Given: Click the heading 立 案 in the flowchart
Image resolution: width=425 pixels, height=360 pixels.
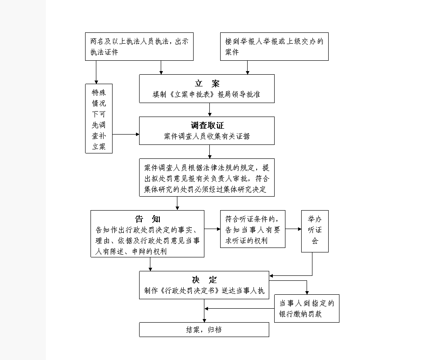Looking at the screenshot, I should point(207,84).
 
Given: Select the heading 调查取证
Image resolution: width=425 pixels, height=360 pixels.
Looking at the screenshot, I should point(207,126).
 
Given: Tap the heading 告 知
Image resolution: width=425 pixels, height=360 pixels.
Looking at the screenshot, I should point(148,219).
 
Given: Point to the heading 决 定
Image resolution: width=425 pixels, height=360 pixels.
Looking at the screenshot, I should point(204,280).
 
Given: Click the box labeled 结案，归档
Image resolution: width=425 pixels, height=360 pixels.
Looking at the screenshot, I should point(204,329).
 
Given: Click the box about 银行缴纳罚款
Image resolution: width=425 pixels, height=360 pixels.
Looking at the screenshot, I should point(307,308).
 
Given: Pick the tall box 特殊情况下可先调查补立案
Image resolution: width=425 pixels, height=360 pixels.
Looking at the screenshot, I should point(99,119).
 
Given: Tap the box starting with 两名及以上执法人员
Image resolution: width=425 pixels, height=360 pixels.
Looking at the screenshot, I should point(140,46).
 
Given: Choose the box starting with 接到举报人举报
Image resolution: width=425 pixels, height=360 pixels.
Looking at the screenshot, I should point(274,46).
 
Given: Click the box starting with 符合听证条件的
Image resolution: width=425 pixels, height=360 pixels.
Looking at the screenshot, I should point(253,229).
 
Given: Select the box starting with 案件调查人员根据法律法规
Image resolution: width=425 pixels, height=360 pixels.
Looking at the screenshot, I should point(207,177).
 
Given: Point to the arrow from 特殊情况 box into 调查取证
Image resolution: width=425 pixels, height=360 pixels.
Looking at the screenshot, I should point(126,134).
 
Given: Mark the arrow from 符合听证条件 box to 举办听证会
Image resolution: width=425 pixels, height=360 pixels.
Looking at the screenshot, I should point(293,229).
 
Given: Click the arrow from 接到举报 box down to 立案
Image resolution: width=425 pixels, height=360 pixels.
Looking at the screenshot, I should point(247,67).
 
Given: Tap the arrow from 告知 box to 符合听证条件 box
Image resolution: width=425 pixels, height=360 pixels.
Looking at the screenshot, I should point(212,229).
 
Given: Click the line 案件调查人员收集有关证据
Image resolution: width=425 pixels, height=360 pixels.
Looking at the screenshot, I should point(207,136).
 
